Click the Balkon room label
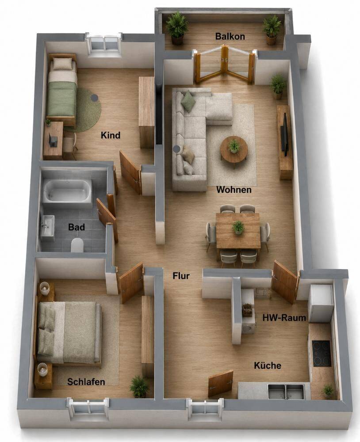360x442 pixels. click(x=230, y=36)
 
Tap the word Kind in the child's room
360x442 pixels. click(x=111, y=135)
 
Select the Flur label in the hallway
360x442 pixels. click(x=181, y=276)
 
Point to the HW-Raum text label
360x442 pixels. click(x=284, y=318)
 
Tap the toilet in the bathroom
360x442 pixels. click(x=77, y=245)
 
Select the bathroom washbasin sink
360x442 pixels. click(x=47, y=225)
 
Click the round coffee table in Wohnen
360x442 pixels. click(x=234, y=149)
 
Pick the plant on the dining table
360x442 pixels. click(x=238, y=227)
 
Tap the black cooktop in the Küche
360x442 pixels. click(x=322, y=353)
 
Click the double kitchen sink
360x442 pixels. click(x=286, y=392)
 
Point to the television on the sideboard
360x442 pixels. click(x=285, y=134)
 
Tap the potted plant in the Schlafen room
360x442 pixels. click(x=138, y=386)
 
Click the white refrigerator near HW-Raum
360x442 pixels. click(x=321, y=304)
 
